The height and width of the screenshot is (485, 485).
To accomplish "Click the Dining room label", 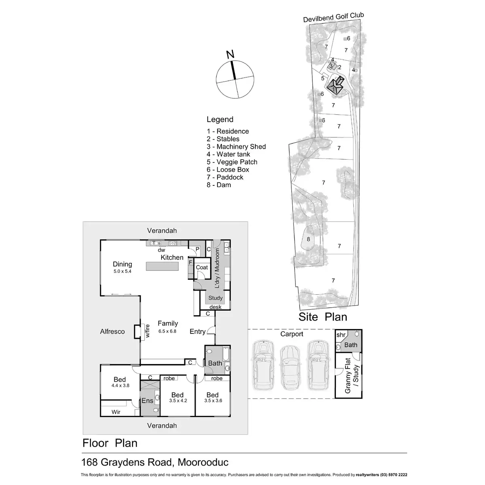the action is click(x=122, y=264).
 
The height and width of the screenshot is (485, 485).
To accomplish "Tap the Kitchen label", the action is click(x=172, y=257).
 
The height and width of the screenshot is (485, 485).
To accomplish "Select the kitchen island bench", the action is click(x=162, y=267).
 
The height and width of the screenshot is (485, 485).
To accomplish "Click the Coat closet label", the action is click(x=202, y=268).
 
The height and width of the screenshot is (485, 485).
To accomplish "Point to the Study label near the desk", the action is click(x=215, y=298).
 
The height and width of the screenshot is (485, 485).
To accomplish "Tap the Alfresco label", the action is click(x=112, y=331).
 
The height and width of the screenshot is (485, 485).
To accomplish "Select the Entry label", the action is click(x=198, y=331).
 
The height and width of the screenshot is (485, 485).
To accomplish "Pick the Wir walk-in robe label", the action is click(x=116, y=412).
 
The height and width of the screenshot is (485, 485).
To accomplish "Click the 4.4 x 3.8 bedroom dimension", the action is click(x=120, y=386).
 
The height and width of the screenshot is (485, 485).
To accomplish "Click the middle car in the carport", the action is click(x=289, y=365).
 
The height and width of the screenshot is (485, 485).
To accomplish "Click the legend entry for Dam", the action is click(x=219, y=185).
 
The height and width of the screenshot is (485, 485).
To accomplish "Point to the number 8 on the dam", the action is click(x=308, y=239).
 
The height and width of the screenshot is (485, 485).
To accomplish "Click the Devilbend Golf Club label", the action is click(x=334, y=17).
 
